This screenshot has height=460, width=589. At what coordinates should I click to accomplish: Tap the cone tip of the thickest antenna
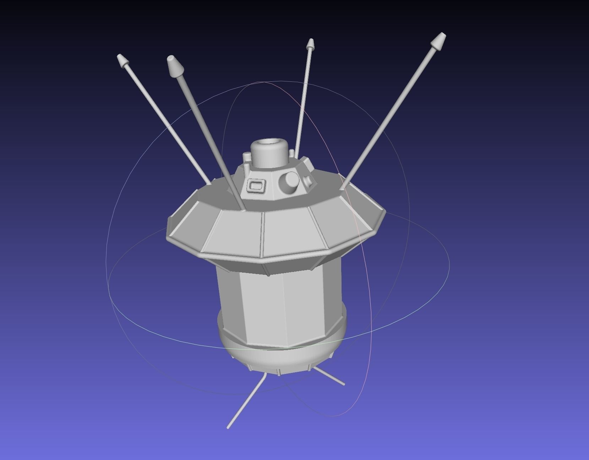click(x=174, y=66)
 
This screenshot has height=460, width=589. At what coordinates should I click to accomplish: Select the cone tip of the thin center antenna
click(x=310, y=44)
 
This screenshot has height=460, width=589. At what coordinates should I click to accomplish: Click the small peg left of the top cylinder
click(x=246, y=158)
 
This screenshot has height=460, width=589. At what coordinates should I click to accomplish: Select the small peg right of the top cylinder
click(x=291, y=153)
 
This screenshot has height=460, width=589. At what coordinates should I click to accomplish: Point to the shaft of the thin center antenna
click(x=304, y=100)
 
